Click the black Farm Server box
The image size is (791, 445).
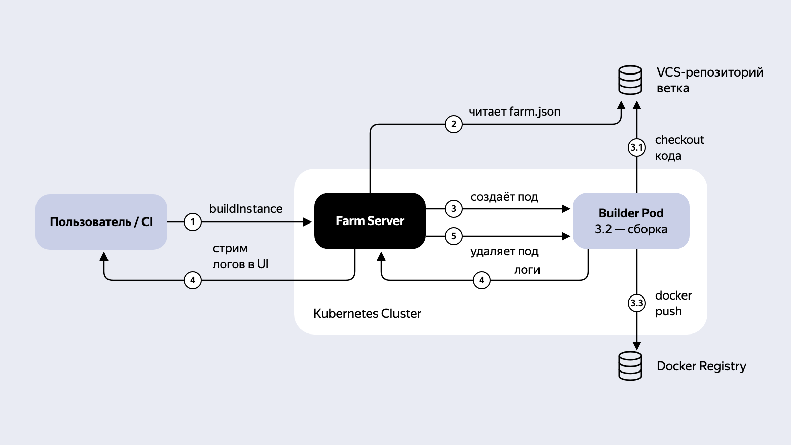click(x=370, y=221)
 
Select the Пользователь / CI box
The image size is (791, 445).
click(x=101, y=222)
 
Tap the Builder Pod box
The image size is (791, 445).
click(x=631, y=221)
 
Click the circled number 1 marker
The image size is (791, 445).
click(x=193, y=222)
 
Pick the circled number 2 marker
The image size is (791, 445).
click(x=454, y=124)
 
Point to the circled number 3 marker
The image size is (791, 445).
click(x=454, y=208)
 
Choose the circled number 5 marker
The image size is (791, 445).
click(x=454, y=236)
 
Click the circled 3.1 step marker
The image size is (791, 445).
click(x=637, y=147)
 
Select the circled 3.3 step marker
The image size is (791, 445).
click(x=637, y=303)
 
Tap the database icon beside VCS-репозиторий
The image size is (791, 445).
click(x=630, y=80)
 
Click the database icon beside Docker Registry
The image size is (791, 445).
click(x=630, y=366)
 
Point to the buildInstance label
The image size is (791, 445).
click(x=246, y=209)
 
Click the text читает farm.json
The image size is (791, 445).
click(x=515, y=112)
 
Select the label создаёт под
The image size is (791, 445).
click(x=504, y=197)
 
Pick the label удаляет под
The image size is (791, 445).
click(x=504, y=251)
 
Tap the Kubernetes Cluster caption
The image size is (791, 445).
click(x=367, y=313)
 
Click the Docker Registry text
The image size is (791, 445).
click(x=701, y=366)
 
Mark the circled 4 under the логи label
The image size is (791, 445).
click(x=482, y=280)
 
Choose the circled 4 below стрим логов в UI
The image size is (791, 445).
click(x=193, y=280)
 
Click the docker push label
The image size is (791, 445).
click(x=673, y=303)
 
